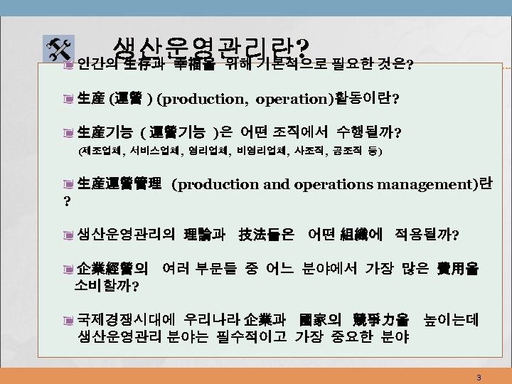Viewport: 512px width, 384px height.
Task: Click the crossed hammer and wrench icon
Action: point(56,48)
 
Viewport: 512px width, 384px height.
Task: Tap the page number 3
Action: point(479,377)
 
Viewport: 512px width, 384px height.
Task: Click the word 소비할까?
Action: point(107,287)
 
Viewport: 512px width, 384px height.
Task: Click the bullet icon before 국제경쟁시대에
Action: point(68,321)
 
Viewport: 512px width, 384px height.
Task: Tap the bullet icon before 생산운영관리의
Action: point(68,235)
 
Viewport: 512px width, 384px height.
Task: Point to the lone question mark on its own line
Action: point(66,202)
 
